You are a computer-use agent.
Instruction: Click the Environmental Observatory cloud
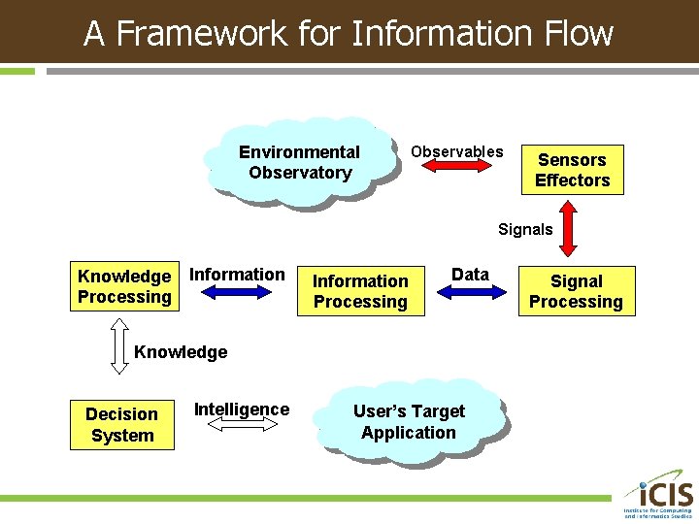[x=299, y=162]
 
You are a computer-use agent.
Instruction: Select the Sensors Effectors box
[x=572, y=170]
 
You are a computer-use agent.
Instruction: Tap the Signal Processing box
[x=576, y=291]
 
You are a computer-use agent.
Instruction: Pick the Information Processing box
[x=360, y=291]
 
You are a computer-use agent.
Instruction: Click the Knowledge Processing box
[x=124, y=286]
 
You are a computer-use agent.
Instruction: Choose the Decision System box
[x=121, y=424]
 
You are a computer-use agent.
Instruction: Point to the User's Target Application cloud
[x=409, y=422]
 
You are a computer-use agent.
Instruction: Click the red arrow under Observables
[x=456, y=168]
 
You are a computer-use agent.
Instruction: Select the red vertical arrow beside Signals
[x=570, y=229]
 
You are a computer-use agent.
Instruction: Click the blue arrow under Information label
[x=238, y=292]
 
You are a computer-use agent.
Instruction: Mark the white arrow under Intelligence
[x=242, y=425]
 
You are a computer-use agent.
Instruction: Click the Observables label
[x=456, y=151]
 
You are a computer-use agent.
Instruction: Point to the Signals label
[x=525, y=229]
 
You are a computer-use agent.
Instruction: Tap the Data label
[x=470, y=275]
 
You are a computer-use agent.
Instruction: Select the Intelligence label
[x=242, y=409]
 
